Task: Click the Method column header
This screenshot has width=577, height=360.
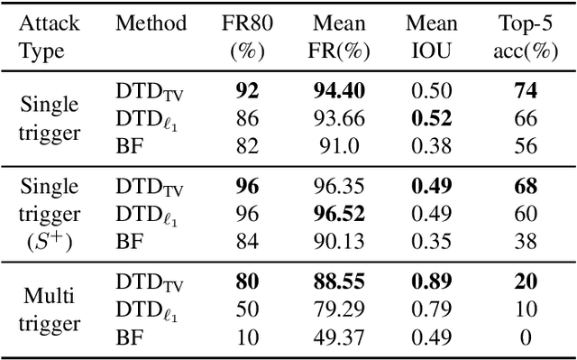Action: click(x=151, y=23)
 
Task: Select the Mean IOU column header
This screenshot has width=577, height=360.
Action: click(x=432, y=35)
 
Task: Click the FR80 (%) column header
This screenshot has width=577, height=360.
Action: click(x=245, y=35)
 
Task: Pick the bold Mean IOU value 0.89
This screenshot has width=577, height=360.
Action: click(x=431, y=281)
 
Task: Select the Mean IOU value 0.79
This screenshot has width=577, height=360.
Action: click(x=431, y=309)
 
